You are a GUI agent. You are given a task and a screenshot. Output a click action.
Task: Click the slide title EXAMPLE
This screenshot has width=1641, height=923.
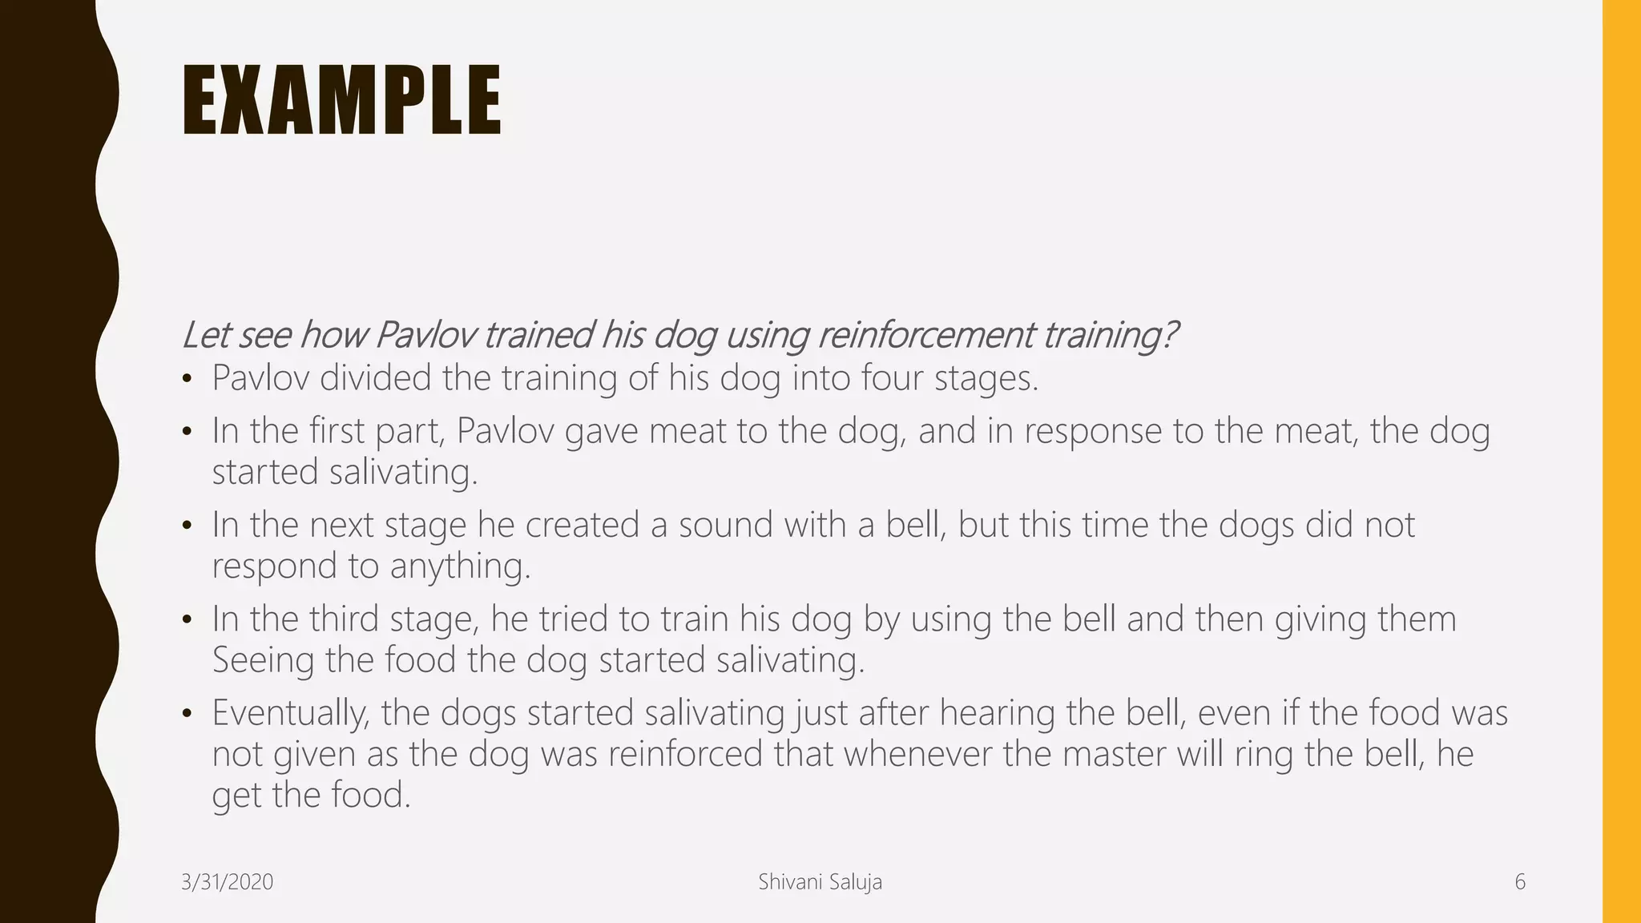(x=341, y=101)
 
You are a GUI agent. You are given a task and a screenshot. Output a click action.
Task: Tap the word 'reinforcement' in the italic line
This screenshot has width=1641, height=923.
(x=925, y=335)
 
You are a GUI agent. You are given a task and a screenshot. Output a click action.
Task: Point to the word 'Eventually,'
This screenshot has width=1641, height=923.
(x=291, y=714)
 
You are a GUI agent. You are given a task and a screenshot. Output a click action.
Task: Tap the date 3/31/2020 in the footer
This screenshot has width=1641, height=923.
(x=228, y=882)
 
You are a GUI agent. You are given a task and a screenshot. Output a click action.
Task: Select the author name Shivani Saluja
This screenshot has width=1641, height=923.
(x=820, y=882)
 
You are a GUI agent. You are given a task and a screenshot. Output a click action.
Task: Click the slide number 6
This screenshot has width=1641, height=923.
(x=1519, y=882)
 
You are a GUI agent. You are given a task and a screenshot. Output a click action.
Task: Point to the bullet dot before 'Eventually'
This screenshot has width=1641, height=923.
(x=187, y=713)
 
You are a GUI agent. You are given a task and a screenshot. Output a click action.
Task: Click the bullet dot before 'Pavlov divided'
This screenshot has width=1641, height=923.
(x=187, y=379)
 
